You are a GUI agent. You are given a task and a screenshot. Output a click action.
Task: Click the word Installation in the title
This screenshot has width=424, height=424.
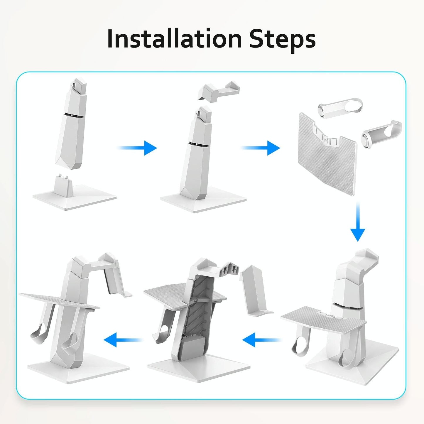point(174,39)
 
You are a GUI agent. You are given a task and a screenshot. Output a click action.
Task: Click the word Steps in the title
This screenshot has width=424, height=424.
point(282,39)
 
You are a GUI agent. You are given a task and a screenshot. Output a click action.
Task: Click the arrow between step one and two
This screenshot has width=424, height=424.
point(138,148)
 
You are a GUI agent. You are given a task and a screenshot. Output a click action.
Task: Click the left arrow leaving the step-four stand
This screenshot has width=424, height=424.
point(261,340)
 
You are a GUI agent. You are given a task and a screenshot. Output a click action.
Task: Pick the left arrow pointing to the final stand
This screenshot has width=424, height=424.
point(123,340)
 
